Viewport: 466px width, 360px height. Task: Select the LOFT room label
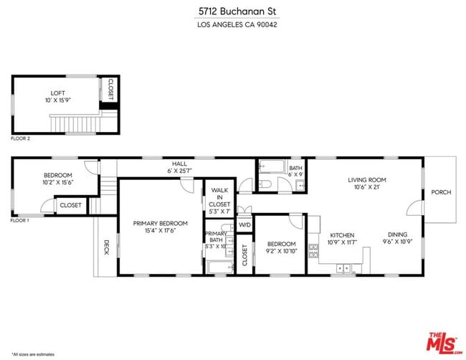click(x=57, y=93)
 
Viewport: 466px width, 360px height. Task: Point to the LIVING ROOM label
click(x=367, y=180)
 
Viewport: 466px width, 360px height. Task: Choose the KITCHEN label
click(x=342, y=235)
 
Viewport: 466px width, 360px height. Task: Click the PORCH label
click(x=441, y=192)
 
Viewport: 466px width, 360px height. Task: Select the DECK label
click(x=106, y=247)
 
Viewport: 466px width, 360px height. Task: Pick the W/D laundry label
click(x=244, y=225)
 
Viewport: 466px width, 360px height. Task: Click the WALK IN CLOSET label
click(x=219, y=197)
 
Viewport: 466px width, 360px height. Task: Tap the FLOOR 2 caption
click(x=20, y=138)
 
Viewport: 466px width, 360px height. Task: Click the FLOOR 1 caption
click(x=20, y=220)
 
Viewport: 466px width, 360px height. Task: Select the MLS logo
click(x=444, y=343)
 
